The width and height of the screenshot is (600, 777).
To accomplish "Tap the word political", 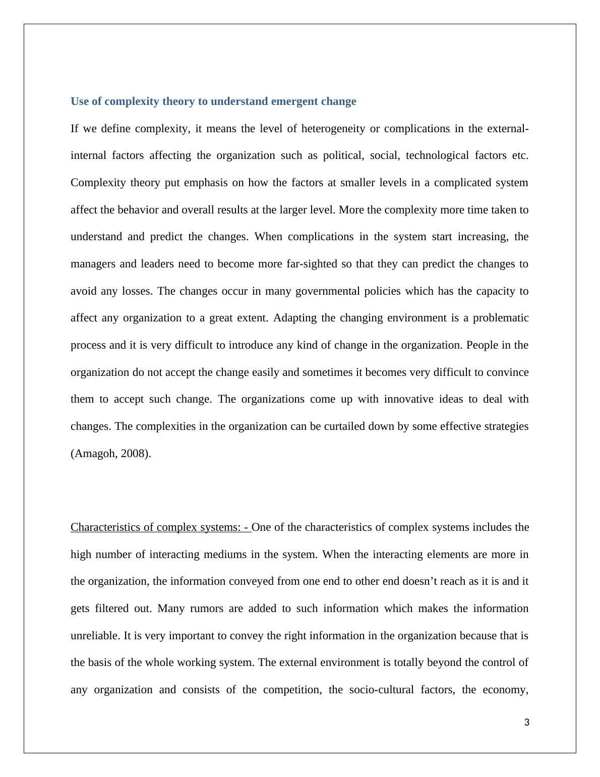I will coord(343,155).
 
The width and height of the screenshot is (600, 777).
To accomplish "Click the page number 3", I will coord(527,723).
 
